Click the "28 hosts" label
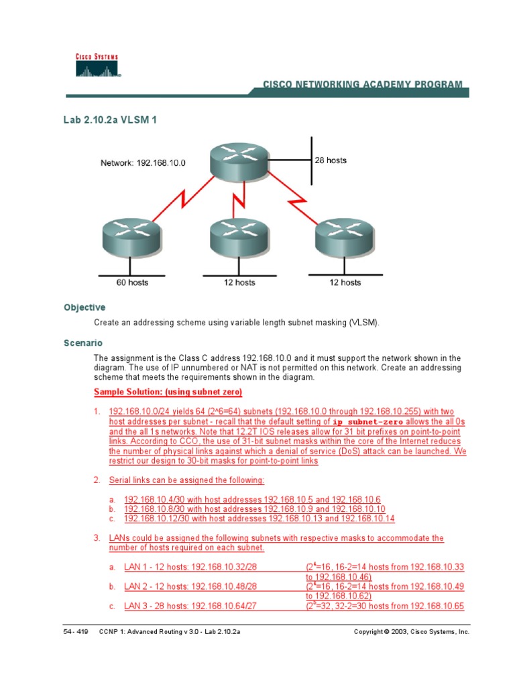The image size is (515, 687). [x=331, y=161]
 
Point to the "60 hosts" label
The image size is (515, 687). [x=132, y=282]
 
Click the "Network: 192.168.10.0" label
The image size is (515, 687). [x=143, y=162]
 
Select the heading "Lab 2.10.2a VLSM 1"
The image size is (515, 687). [x=110, y=120]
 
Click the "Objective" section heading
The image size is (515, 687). [x=84, y=307]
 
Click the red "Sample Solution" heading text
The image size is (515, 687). [x=168, y=392]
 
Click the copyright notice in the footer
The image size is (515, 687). [x=412, y=632]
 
